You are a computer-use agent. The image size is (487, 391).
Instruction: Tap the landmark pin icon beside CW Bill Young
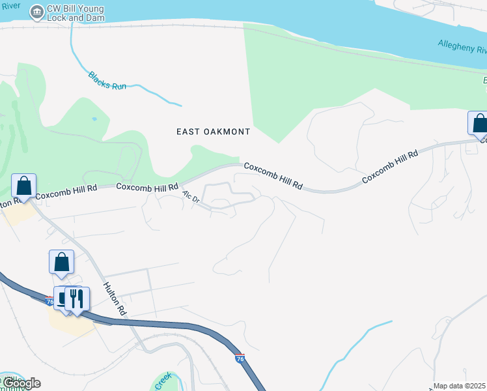pos(36,11)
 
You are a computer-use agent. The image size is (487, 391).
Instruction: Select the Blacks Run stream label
pos(107,81)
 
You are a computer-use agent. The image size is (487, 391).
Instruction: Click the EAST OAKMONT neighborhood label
pos(214,132)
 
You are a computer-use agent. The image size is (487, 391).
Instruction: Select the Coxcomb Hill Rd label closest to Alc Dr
pos(147,187)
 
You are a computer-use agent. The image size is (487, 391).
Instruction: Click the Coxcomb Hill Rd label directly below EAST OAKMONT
pos(273,176)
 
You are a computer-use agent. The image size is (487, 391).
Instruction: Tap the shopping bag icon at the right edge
pos(479,123)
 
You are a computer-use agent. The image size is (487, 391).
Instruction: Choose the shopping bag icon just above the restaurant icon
pos(61,263)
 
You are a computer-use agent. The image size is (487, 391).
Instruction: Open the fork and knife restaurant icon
pos(77,298)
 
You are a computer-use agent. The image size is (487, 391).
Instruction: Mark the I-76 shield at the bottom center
pos(239,358)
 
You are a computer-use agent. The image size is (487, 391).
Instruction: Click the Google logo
pos(21,383)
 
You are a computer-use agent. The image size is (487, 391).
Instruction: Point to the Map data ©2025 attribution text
pos(460,386)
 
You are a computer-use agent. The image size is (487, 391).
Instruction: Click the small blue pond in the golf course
pos(95,119)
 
